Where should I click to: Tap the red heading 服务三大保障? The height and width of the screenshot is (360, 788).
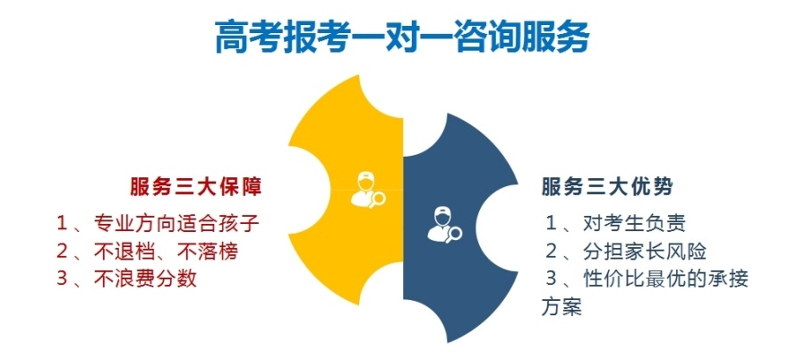click(196, 187)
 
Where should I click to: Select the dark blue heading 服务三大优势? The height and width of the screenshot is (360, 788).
click(608, 187)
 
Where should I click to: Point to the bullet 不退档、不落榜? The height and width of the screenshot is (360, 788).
click(166, 251)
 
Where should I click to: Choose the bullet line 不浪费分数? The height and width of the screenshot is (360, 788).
click(145, 279)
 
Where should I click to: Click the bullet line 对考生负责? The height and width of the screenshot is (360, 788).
click(634, 224)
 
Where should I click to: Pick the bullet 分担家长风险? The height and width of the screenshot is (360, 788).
click(645, 251)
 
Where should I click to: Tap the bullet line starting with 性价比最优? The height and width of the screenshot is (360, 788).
click(665, 279)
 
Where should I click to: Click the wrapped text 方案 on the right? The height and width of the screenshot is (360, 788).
click(561, 306)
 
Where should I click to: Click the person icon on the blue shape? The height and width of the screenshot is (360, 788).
click(440, 223)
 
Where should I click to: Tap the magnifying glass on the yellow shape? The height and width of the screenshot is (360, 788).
click(376, 200)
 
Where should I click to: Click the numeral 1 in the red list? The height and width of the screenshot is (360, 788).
click(62, 224)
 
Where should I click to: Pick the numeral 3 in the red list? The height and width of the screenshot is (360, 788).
click(62, 279)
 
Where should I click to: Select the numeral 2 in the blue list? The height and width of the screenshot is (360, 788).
click(552, 251)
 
